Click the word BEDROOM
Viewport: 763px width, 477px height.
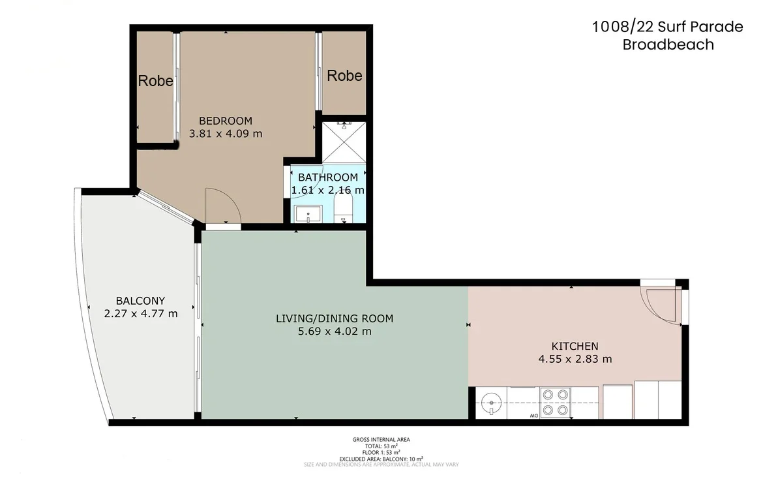(x=225, y=121)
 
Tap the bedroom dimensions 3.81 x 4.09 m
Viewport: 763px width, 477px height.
(x=225, y=134)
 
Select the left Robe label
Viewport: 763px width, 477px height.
(x=156, y=81)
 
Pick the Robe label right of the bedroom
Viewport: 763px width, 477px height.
(x=344, y=76)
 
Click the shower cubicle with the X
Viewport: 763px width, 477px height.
(x=344, y=142)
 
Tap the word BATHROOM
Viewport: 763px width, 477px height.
(x=327, y=177)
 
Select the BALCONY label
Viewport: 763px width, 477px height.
(x=140, y=301)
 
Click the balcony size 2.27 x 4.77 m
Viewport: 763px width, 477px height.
(x=140, y=313)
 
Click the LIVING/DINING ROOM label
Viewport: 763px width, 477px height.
(x=335, y=318)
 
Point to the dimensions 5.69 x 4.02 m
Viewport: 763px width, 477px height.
(x=335, y=331)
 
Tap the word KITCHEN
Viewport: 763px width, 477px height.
(x=575, y=346)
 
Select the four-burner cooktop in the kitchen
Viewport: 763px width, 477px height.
(x=555, y=402)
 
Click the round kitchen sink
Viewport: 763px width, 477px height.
(x=490, y=403)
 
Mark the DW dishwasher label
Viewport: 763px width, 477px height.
(x=533, y=415)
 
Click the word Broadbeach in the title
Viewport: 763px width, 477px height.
(x=668, y=45)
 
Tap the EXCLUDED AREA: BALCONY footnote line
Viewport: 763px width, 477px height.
(x=381, y=459)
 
